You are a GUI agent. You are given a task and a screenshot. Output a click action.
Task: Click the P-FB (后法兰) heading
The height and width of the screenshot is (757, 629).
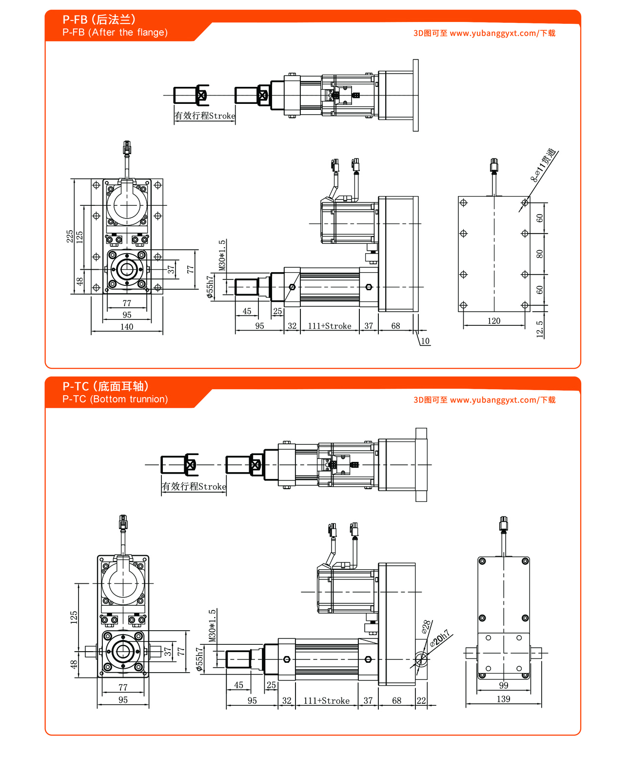99,20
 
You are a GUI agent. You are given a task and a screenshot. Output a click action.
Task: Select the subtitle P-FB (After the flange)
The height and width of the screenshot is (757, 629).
115,33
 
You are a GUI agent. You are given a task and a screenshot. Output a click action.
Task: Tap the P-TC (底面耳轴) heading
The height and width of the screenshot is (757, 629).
105,386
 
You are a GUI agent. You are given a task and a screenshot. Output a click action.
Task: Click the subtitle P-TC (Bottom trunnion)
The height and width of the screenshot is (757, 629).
115,399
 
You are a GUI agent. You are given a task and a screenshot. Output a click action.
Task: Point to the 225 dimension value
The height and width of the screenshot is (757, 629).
70,237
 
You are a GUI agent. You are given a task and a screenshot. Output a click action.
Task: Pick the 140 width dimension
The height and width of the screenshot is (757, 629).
127,327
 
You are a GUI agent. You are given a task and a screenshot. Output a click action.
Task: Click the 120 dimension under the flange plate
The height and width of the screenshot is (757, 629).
494,321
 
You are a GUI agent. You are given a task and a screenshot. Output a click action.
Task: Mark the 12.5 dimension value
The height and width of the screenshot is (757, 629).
540,329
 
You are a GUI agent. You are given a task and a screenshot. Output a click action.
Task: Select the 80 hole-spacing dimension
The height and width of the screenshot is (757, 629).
540,254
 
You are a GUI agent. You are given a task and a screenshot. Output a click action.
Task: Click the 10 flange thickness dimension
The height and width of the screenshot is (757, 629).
425,341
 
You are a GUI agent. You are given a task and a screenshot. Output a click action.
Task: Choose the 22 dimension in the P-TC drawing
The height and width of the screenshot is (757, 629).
421,701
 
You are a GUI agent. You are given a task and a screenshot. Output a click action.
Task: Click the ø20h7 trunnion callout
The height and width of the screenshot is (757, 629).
440,638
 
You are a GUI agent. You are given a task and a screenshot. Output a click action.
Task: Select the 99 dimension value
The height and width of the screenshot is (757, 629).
504,685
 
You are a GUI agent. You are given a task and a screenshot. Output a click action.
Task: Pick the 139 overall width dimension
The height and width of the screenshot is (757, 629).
504,699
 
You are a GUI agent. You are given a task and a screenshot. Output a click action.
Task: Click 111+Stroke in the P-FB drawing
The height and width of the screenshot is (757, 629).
330,326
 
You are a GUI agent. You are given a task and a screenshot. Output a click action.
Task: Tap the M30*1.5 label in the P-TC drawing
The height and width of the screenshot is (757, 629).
213,625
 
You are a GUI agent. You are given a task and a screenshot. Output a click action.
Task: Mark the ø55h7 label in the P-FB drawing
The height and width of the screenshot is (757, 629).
210,287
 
